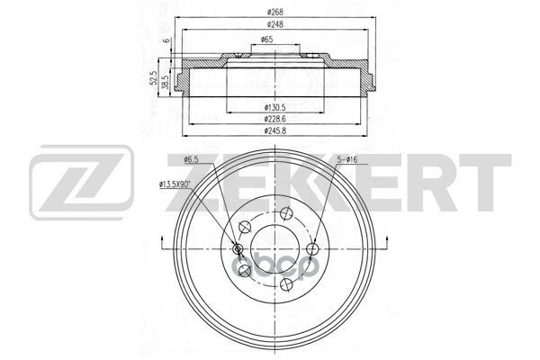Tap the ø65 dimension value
click(x=267, y=40)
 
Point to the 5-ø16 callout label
click(x=348, y=160)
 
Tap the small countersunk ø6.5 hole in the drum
click(x=238, y=249)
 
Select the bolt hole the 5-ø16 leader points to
click(x=312, y=248)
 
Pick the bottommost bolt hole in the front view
click(x=286, y=284)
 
